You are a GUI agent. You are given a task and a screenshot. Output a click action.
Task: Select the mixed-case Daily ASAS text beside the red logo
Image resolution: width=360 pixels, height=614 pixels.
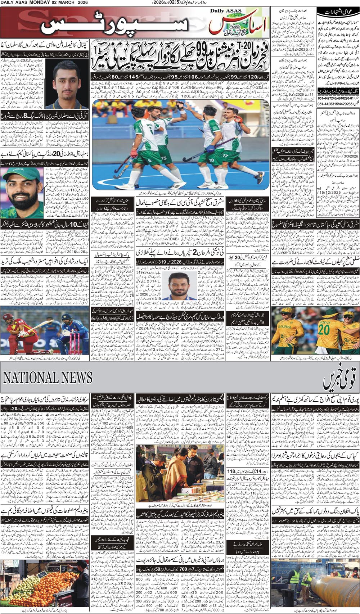click(226, 11)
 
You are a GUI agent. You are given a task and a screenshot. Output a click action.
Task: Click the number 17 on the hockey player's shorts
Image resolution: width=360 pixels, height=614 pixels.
click(225, 155)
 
